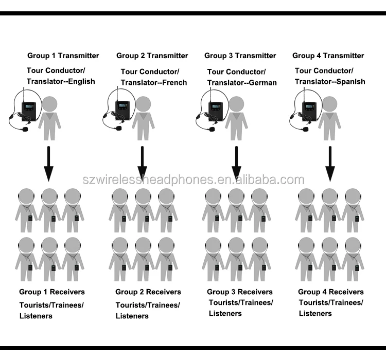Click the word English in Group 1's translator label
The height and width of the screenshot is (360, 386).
81,81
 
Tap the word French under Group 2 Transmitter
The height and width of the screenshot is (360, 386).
174,82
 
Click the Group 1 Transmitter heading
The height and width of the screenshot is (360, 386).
63,56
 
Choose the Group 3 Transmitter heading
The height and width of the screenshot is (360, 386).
240,56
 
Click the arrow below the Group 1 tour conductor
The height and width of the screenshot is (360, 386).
49,164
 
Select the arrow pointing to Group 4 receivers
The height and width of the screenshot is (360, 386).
330,164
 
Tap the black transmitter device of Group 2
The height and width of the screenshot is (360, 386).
122,111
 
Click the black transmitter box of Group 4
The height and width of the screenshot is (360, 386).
309,111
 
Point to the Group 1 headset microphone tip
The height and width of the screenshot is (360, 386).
25,129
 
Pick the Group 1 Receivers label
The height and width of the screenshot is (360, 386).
52,292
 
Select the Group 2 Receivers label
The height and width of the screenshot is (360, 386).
148,292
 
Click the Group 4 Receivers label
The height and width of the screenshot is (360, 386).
331,292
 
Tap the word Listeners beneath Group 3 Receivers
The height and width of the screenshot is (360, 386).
225,314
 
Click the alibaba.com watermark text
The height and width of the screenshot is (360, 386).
193,179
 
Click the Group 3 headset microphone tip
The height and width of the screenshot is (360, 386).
212,129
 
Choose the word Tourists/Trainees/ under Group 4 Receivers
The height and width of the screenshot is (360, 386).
331,302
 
